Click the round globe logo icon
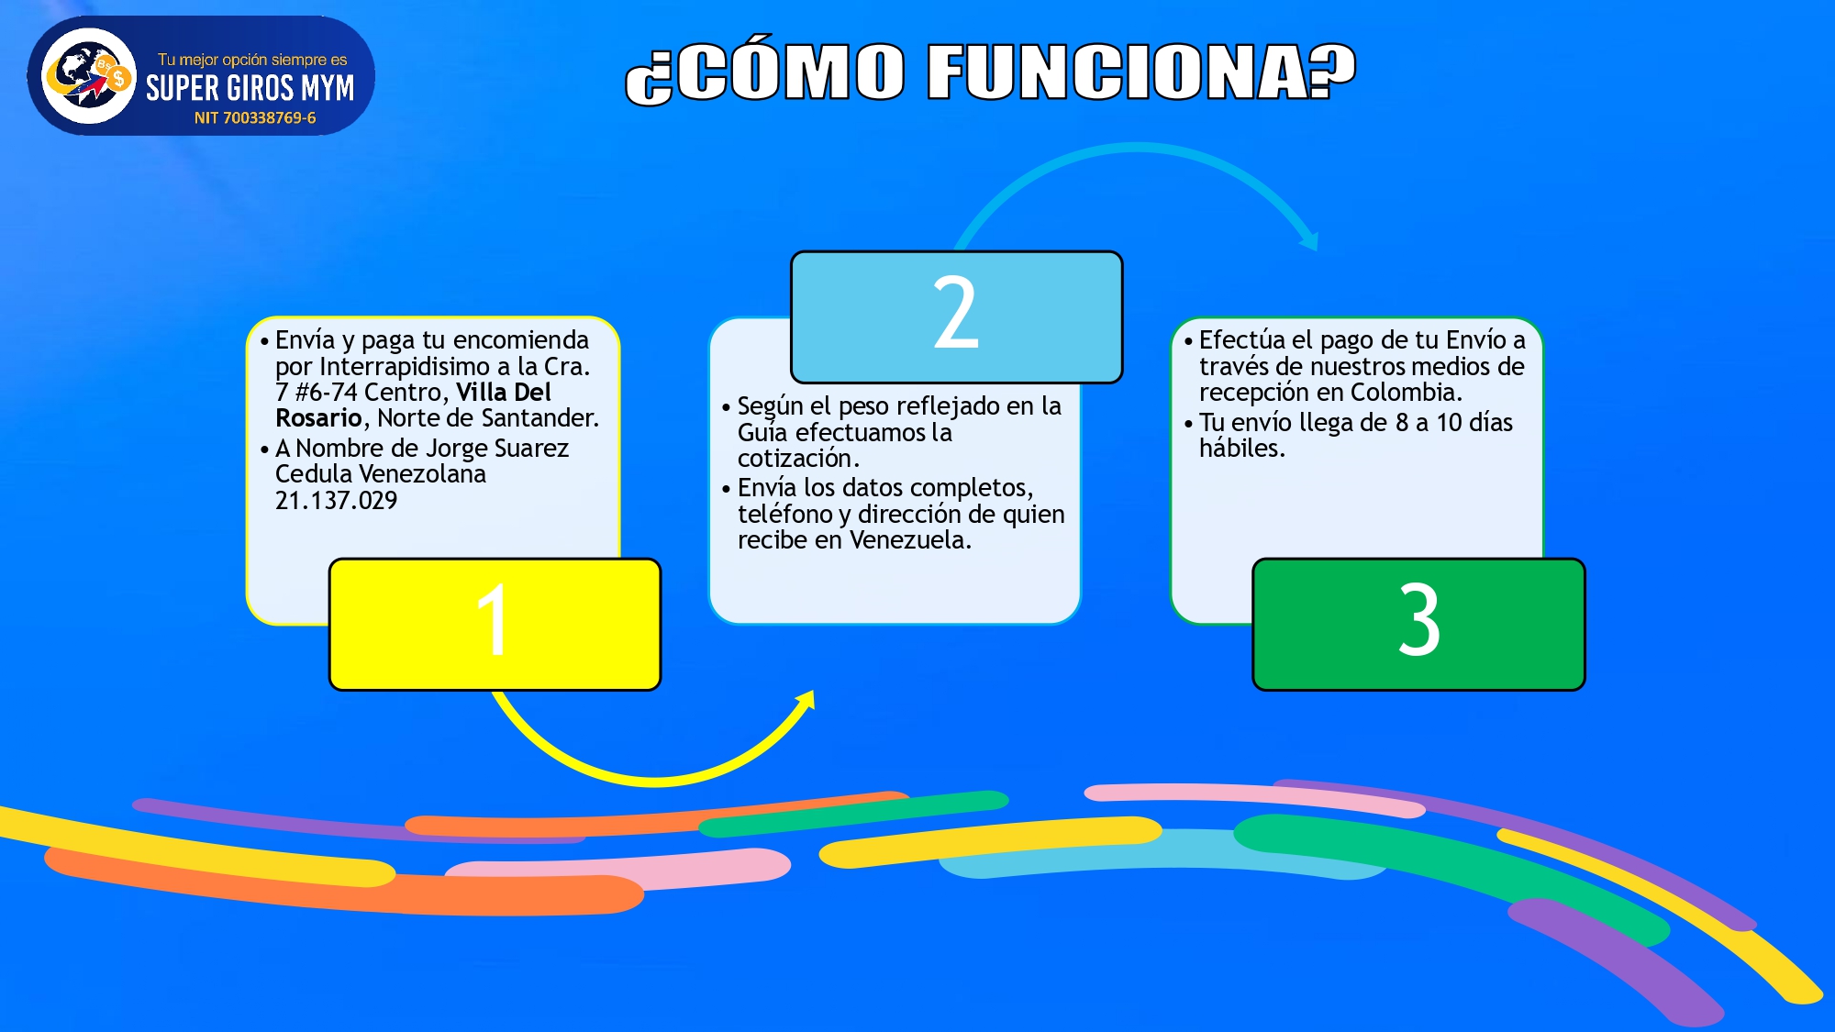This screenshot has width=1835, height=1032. click(x=89, y=75)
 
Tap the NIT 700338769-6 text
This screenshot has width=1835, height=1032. click(x=255, y=118)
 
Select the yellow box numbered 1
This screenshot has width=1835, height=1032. click(x=495, y=624)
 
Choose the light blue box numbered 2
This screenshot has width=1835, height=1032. click(x=956, y=316)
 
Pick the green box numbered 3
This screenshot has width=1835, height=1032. click(x=1418, y=624)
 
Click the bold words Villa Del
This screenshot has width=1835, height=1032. click(x=504, y=393)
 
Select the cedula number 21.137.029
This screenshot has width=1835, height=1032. click(x=336, y=501)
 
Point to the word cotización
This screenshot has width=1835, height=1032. click(x=798, y=459)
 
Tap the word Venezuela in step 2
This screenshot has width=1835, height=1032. click(x=910, y=540)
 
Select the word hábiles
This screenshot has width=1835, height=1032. click(x=1241, y=449)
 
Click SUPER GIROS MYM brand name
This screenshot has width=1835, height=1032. click(x=250, y=88)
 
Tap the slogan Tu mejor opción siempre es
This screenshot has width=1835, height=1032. click(x=252, y=60)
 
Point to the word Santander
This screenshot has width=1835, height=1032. click(x=540, y=418)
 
